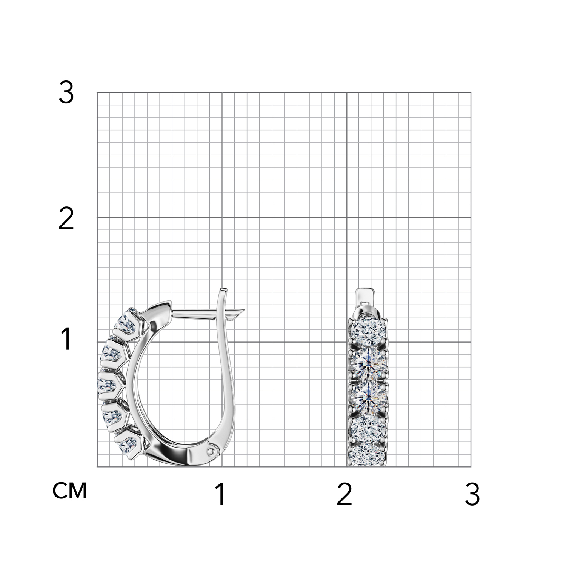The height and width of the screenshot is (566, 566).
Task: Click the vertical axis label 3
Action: tap(66, 93)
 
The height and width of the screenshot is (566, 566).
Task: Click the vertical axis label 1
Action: tap(66, 339)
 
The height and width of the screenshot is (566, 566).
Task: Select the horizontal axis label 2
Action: tap(344, 494)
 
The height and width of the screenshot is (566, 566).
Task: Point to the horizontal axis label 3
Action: tap(472, 494)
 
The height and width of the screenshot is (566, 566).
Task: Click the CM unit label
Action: tap(70, 491)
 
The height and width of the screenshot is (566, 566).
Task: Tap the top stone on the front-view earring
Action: tap(368, 330)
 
